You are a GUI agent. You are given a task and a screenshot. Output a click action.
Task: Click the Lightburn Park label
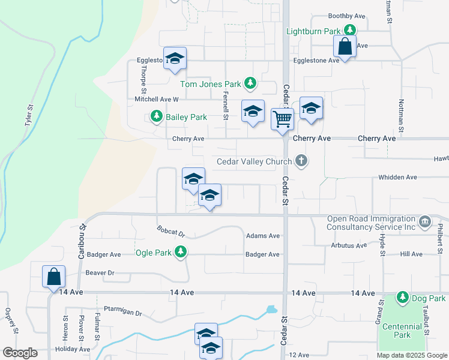click(313, 31)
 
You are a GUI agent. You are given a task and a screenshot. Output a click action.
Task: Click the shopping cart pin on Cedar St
click(282, 118)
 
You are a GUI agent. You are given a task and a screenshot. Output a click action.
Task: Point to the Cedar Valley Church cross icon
click(302, 161)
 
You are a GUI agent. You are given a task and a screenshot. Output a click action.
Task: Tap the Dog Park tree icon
click(402, 298)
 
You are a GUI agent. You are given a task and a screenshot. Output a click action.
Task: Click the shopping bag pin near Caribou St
click(53, 277)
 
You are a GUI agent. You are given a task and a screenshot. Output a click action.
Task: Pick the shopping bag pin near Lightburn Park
click(345, 46)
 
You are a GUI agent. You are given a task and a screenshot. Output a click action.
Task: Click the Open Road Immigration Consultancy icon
click(426, 222)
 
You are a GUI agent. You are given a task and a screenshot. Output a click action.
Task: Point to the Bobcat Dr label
click(171, 232)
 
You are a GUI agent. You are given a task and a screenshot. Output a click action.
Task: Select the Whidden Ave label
click(397, 178)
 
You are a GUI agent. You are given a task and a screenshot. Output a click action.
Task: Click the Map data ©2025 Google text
click(412, 355)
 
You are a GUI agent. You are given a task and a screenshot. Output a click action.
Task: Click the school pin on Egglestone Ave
click(175, 58)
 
